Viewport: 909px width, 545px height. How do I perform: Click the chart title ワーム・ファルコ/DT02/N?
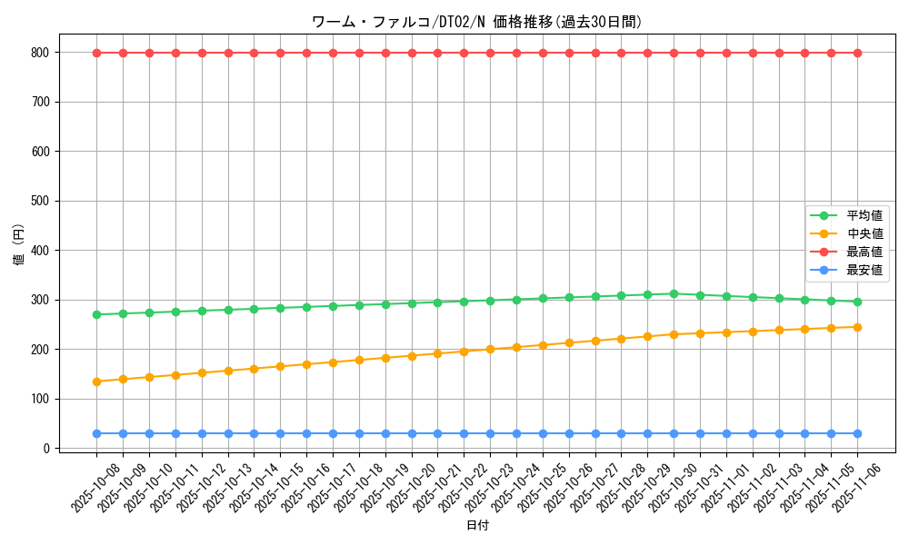click(477, 22)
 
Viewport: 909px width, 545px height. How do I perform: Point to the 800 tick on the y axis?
click(40, 53)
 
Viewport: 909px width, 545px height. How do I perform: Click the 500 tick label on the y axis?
click(40, 201)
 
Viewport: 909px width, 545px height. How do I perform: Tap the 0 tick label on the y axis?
click(46, 449)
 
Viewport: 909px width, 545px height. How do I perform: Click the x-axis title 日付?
click(477, 526)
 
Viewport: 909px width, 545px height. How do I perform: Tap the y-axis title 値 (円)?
click(19, 246)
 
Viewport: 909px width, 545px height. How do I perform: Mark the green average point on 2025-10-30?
click(674, 293)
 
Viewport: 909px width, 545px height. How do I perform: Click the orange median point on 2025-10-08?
click(96, 381)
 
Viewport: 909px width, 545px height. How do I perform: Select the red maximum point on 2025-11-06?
click(857, 53)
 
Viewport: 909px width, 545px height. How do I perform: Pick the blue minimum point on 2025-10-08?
click(96, 433)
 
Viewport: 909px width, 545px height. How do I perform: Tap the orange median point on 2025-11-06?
click(857, 327)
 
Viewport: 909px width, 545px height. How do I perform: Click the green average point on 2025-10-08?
click(96, 314)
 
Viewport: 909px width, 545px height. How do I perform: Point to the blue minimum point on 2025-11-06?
click(857, 433)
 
